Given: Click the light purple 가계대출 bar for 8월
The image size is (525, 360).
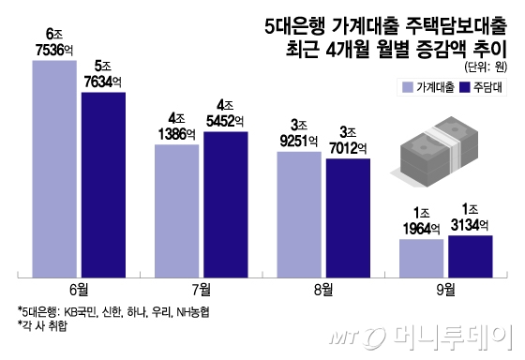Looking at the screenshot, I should [x=300, y=215].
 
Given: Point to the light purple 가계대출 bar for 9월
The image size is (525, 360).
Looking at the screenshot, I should [x=422, y=259].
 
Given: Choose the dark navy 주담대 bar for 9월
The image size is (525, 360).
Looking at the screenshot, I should [x=470, y=256].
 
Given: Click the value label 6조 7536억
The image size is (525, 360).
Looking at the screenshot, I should [x=53, y=43].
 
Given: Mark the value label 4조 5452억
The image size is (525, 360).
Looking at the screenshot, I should [x=224, y=112].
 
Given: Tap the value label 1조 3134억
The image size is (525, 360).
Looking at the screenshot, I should [x=471, y=217].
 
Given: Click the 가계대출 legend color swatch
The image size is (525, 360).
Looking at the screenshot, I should [x=407, y=88].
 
